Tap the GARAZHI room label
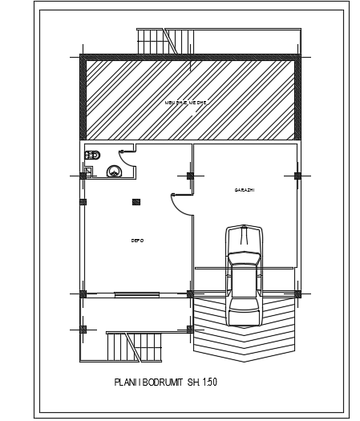245,190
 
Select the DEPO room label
137,240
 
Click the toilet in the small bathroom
92,156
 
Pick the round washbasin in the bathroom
114,170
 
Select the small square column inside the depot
136,201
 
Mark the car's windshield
245,259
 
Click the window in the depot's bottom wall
136,293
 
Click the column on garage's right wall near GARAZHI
297,175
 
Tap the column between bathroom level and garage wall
190,175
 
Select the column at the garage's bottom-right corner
297,293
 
